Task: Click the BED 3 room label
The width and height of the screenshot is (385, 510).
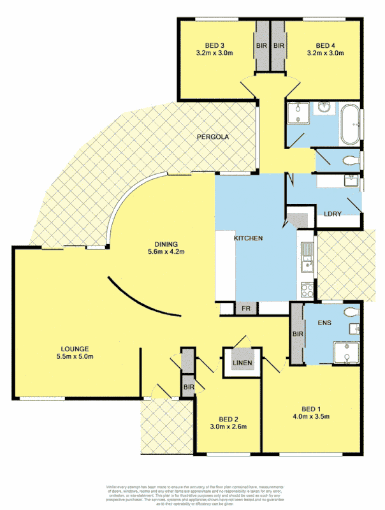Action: tap(214, 45)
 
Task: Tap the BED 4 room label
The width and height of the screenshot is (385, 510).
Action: tap(325, 45)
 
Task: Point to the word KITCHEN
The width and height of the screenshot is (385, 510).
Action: tap(249, 238)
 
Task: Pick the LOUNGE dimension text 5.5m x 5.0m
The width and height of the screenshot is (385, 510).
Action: tap(74, 356)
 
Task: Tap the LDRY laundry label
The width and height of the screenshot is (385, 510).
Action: tap(334, 214)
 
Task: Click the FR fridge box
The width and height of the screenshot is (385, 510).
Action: tap(246, 309)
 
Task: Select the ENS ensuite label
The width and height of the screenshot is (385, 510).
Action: tap(325, 324)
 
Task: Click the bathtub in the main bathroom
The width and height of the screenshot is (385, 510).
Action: tap(350, 126)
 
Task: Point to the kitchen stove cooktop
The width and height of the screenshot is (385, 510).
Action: tap(307, 290)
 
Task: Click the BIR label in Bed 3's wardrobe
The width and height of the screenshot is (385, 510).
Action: tap(261, 46)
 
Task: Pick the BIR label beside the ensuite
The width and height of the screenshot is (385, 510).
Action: tap(297, 333)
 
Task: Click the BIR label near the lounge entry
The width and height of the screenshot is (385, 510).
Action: tap(188, 386)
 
